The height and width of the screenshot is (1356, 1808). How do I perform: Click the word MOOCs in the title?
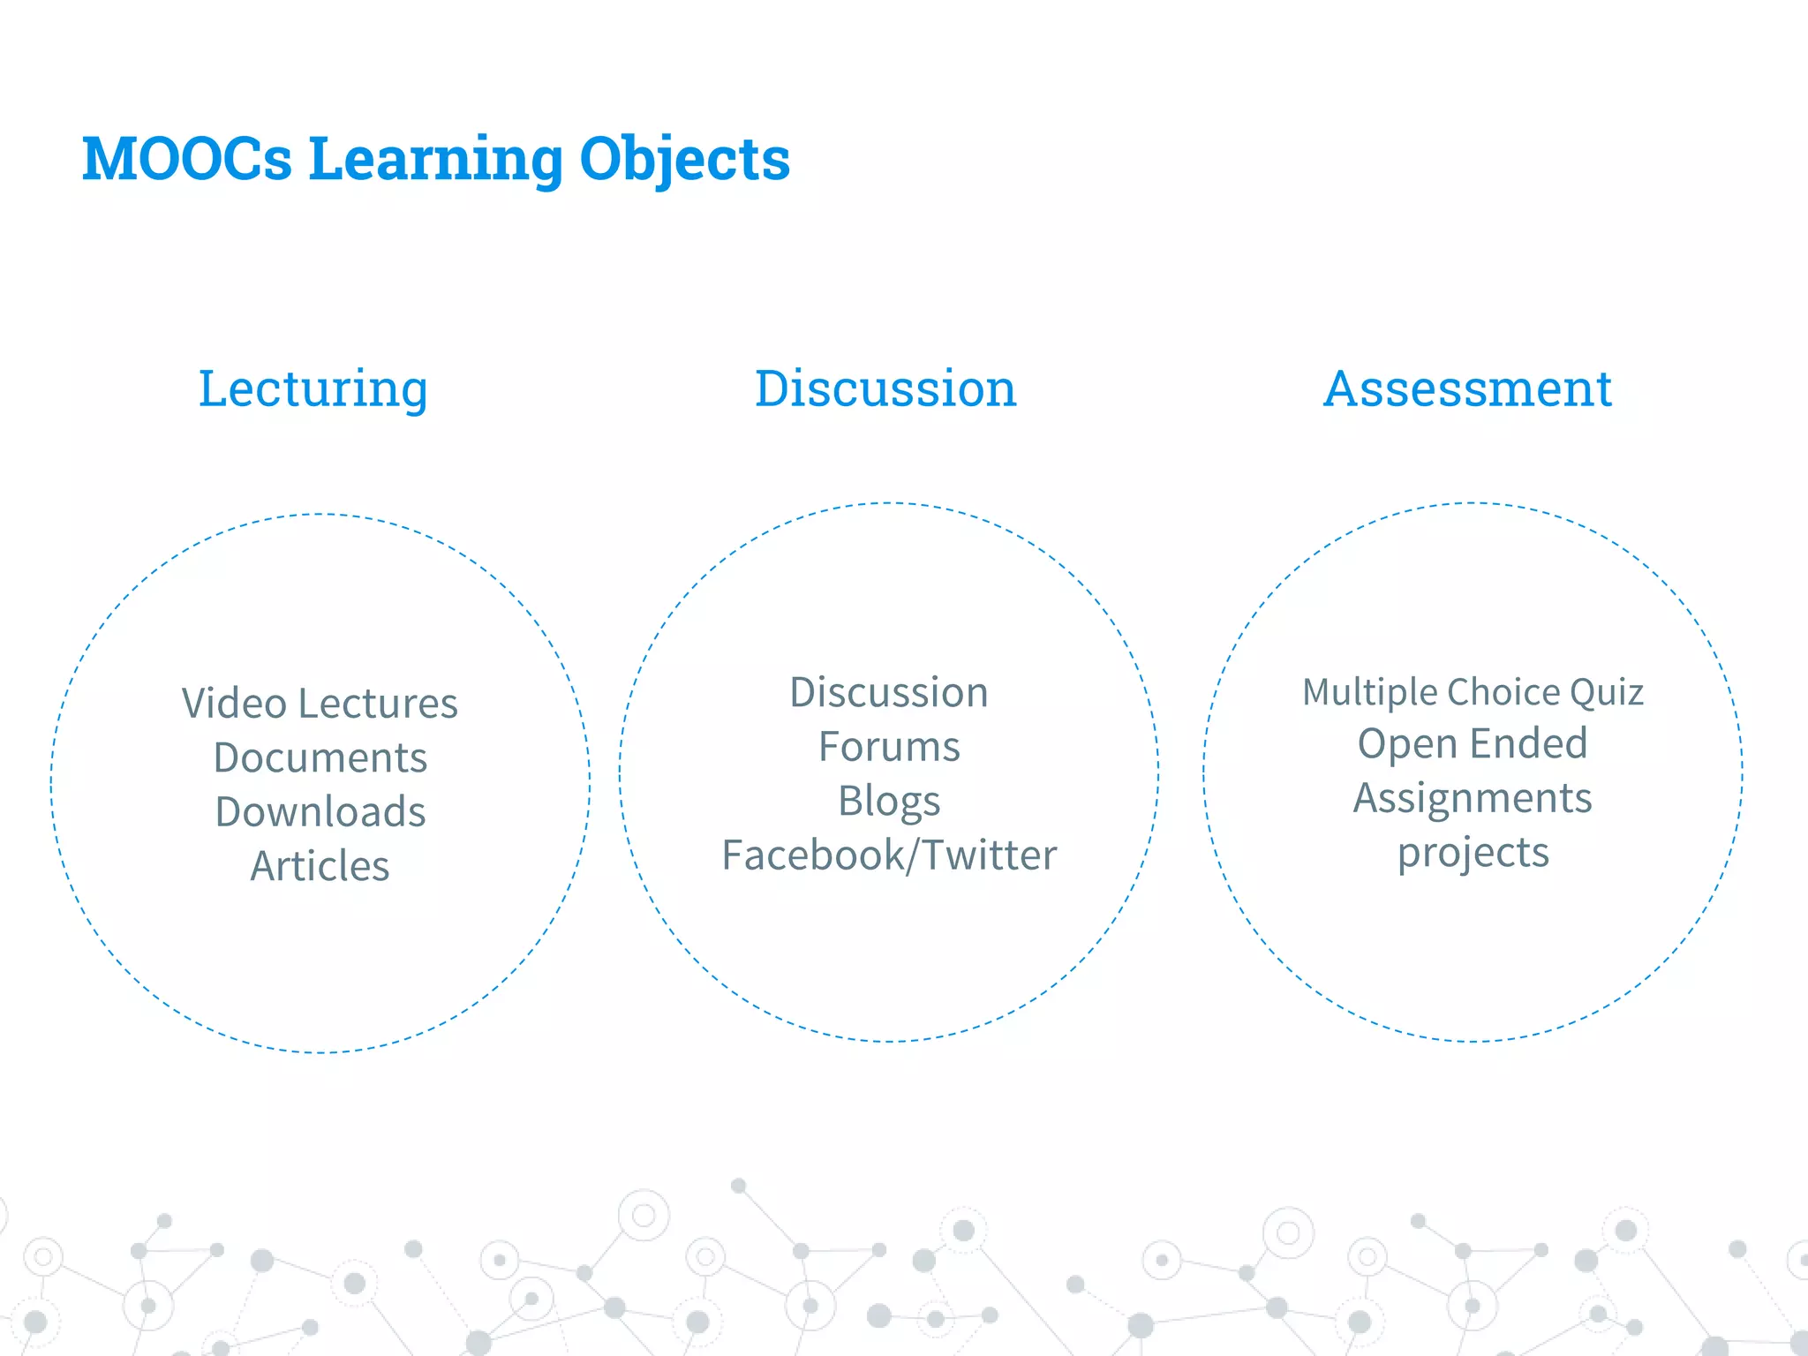(186, 160)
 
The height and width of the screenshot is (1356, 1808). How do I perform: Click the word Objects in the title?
(684, 160)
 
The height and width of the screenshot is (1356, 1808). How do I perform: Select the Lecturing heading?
(313, 388)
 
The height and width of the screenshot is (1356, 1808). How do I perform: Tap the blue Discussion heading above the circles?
(885, 388)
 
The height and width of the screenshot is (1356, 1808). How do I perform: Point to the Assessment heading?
(1467, 388)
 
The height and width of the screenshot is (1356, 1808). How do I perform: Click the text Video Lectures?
(320, 704)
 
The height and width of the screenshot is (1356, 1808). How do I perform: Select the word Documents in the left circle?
(320, 757)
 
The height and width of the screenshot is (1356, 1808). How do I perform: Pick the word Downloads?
(320, 811)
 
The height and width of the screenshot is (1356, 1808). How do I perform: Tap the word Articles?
(320, 866)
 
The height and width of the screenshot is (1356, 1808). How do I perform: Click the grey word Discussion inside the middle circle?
(888, 692)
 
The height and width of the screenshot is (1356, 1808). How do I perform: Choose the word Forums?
(888, 747)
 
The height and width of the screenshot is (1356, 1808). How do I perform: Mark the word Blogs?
(888, 802)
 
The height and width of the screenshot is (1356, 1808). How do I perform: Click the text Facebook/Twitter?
(888, 855)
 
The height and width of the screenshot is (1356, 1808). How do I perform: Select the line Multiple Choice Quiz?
(1473, 692)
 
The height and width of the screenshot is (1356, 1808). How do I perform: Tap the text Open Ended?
(1473, 743)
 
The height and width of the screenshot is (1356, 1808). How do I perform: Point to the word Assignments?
(1473, 798)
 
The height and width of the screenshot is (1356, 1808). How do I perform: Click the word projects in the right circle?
(1473, 853)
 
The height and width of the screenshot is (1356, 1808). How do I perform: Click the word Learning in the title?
(435, 160)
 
